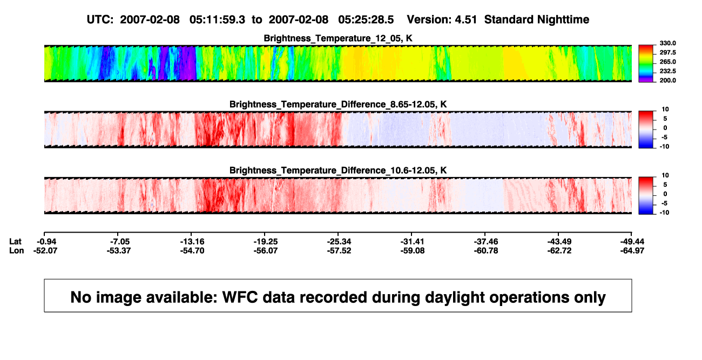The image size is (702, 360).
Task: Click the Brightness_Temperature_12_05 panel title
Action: click(338, 38)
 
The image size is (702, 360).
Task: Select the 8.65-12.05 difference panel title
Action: click(338, 104)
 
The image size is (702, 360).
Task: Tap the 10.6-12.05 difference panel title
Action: click(338, 171)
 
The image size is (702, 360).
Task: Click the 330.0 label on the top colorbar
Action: click(667, 43)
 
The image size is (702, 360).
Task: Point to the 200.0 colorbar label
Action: click(667, 80)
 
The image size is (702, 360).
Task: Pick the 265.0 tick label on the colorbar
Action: click(667, 62)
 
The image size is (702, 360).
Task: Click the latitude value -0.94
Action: click(46, 242)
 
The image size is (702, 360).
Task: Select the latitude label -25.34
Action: click(339, 242)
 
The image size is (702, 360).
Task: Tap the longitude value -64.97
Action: click(632, 250)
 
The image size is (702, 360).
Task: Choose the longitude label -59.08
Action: click(413, 250)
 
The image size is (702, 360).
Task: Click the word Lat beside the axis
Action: click(15, 242)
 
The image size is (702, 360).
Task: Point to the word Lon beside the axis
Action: click(16, 250)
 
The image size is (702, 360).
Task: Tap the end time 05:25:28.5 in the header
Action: click(366, 20)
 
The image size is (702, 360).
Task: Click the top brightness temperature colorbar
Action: click(646, 64)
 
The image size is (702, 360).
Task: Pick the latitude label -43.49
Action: click(559, 242)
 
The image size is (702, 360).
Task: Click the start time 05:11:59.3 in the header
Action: click(217, 20)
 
